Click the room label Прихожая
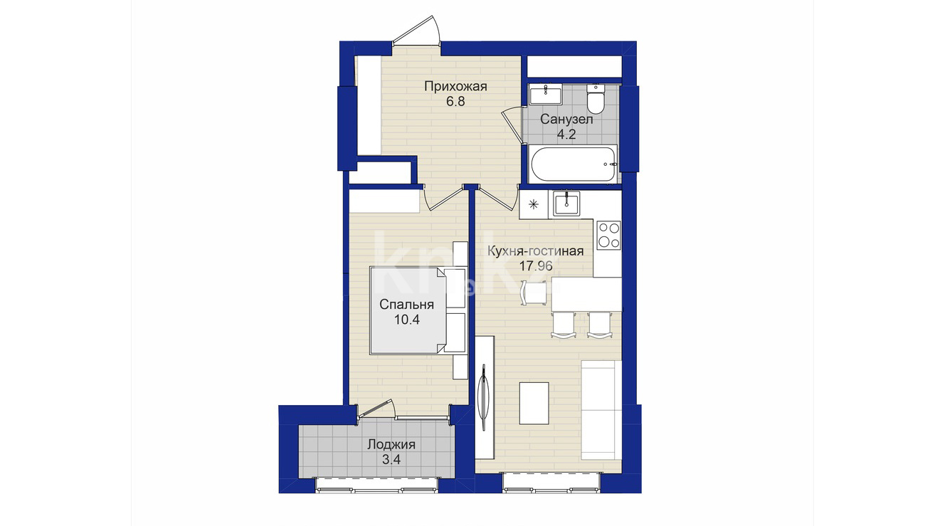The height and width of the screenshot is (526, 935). pyautogui.click(x=456, y=87)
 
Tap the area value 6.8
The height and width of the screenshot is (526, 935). pyautogui.click(x=455, y=102)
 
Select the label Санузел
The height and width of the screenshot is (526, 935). pyautogui.click(x=566, y=120)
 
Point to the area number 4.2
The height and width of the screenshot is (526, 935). pyautogui.click(x=566, y=135)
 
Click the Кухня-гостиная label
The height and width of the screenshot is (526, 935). pyautogui.click(x=536, y=251)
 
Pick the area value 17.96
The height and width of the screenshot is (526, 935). pyautogui.click(x=536, y=266)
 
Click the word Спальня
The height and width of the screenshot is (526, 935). pyautogui.click(x=406, y=305)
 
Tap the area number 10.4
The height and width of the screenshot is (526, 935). pyautogui.click(x=406, y=320)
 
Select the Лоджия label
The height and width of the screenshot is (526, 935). pyautogui.click(x=391, y=445)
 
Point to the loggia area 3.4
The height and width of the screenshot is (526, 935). pyautogui.click(x=391, y=460)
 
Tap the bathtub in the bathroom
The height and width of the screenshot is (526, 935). pyautogui.click(x=572, y=164)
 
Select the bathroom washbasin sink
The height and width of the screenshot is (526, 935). pyautogui.click(x=546, y=94)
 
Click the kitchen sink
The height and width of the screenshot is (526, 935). pyautogui.click(x=566, y=204)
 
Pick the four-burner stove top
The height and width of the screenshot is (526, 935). pyautogui.click(x=608, y=235)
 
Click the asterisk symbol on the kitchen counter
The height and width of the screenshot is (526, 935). pyautogui.click(x=534, y=204)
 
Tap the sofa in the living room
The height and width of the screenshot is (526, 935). pyautogui.click(x=601, y=411)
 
